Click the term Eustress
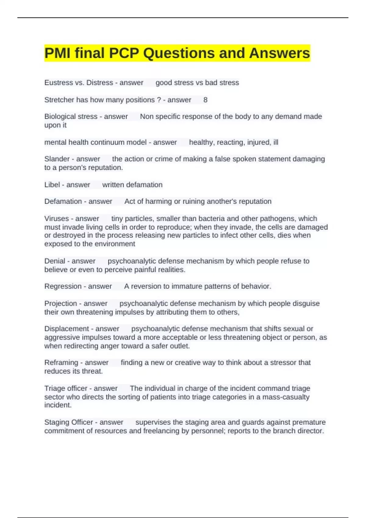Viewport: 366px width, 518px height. click(x=57, y=83)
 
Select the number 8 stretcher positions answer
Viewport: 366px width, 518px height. click(x=205, y=100)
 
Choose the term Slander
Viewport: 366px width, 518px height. click(x=57, y=159)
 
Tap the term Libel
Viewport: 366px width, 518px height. click(x=52, y=185)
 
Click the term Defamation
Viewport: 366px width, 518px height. click(x=63, y=201)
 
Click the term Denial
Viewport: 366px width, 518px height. click(x=55, y=261)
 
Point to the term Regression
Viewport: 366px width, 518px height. click(x=63, y=286)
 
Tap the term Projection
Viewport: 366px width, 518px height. click(x=60, y=303)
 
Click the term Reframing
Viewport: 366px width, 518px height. click(x=61, y=363)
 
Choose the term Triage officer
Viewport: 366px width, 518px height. click(x=66, y=388)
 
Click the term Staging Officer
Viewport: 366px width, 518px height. click(x=68, y=422)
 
